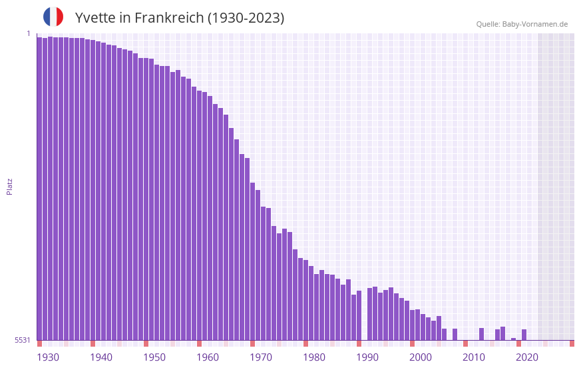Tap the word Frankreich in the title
pos(169,18)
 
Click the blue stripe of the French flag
pos(47,17)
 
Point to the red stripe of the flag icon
pos(60,17)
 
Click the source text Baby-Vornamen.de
pos(535,24)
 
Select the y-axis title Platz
pos(9,186)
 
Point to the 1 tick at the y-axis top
pos(29,33)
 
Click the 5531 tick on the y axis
pos(23,340)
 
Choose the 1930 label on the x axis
pos(48,357)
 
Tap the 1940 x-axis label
pos(101,357)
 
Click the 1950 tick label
pos(154,357)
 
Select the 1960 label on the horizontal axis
pos(208,357)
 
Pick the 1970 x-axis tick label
pos(261,357)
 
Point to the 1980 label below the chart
pos(314,357)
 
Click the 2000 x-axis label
pos(421,357)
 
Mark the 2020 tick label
pos(527,357)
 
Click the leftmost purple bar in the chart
pos(39,187)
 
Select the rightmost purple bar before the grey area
pos(524,335)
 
